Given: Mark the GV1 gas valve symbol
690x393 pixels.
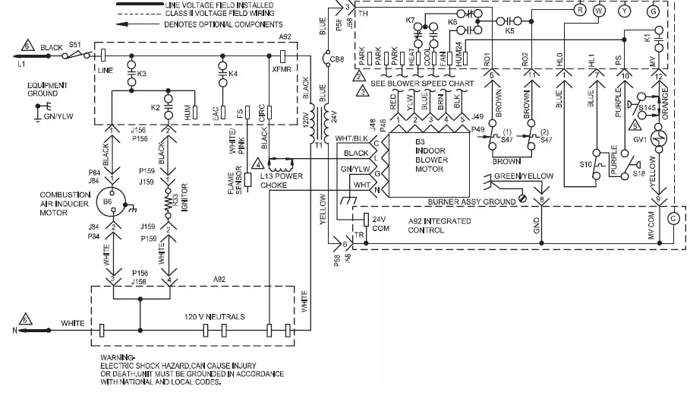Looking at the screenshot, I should coord(659,141).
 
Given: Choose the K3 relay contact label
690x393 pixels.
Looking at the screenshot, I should coord(141,74).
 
